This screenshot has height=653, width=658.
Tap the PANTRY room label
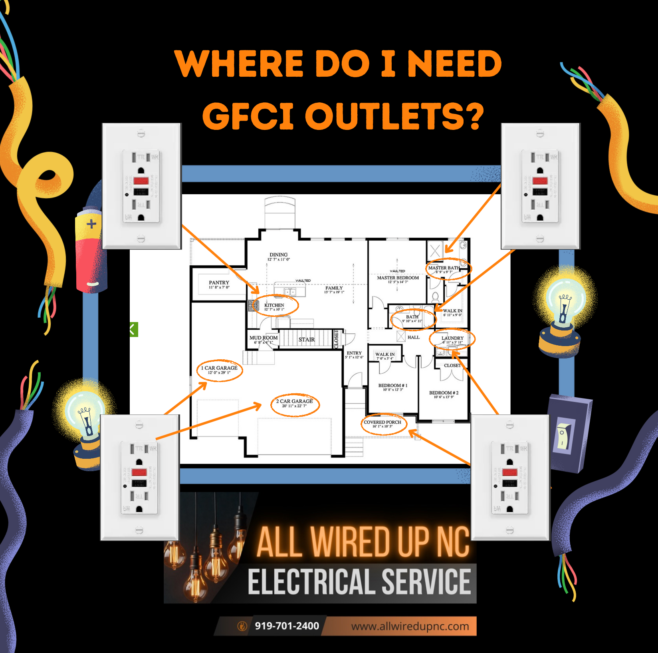(219, 283)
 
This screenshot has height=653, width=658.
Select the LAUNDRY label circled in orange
(452, 338)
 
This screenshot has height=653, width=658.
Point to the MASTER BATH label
(444, 268)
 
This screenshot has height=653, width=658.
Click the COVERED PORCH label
(383, 422)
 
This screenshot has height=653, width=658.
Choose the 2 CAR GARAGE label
(295, 402)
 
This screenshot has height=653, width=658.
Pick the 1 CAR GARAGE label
(219, 368)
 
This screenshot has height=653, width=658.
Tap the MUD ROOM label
(264, 338)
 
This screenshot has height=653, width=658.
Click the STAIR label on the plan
(307, 340)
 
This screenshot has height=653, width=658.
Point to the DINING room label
(278, 255)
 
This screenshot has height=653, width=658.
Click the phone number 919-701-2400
(287, 626)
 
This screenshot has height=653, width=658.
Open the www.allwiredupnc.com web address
(410, 626)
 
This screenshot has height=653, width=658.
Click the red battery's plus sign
(91, 224)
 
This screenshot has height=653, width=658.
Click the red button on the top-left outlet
(141, 181)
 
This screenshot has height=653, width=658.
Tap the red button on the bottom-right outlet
(510, 472)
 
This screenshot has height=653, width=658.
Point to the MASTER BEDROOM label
(398, 278)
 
